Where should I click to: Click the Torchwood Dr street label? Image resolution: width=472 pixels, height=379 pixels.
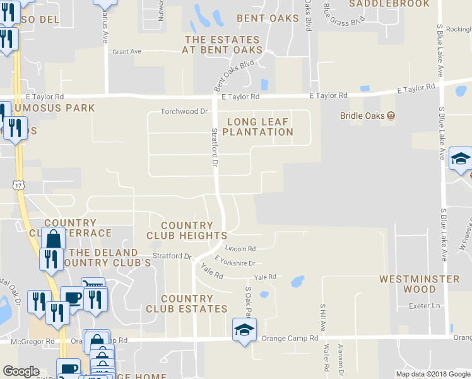184,111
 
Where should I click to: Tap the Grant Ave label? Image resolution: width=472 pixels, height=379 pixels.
126,52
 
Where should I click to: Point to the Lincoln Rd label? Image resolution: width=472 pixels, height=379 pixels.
240,249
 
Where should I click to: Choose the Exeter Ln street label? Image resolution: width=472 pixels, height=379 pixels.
423,306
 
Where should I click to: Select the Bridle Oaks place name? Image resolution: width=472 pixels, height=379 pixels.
362,115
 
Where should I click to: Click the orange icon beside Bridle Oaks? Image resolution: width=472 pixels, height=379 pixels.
391,115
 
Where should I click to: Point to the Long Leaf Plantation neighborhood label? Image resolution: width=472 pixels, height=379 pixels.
257,127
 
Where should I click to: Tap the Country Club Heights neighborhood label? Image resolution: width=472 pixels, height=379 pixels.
187,231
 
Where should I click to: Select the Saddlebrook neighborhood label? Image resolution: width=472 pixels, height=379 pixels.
389,4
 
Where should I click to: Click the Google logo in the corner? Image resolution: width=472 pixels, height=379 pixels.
21,371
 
